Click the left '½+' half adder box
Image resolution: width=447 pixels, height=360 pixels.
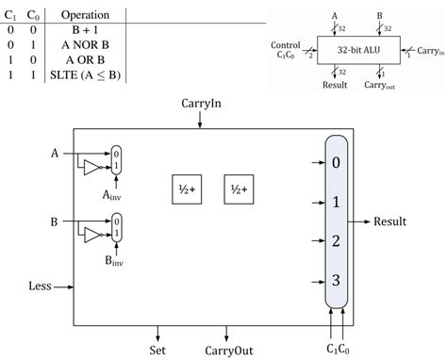pos(185,188)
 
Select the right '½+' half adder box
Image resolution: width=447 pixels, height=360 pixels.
pos(237,188)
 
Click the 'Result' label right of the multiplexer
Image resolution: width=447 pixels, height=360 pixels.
pos(389,222)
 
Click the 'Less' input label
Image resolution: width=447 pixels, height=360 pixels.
pos(40,286)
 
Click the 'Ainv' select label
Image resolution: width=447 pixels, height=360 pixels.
pos(119,197)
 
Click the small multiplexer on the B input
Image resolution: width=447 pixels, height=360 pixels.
pos(116,228)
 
